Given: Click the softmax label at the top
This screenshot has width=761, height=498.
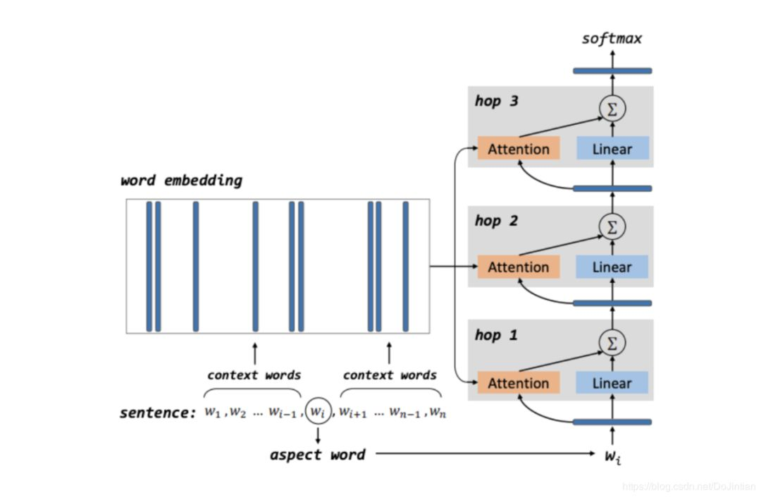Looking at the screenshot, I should tap(612, 39).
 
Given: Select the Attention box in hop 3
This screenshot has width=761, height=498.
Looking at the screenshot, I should tap(519, 149).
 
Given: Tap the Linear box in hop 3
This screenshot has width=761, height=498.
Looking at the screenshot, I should tap(612, 149).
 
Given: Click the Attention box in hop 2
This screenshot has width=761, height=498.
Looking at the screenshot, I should tap(519, 267).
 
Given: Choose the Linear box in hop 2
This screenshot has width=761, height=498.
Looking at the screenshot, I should tap(612, 267).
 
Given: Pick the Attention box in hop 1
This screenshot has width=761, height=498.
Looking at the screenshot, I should tap(519, 383).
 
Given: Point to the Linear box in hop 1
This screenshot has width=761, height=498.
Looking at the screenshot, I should tap(612, 383).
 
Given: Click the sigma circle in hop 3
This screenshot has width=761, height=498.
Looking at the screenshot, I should tap(612, 109).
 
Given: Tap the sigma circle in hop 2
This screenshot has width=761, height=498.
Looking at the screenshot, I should tap(612, 226).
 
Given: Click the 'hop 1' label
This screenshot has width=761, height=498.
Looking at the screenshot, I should tap(496, 335).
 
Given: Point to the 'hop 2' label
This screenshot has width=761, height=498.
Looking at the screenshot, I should tap(496, 221).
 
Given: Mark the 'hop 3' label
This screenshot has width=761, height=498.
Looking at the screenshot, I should tap(496, 101).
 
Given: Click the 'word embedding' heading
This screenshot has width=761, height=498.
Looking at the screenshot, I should tap(181, 181).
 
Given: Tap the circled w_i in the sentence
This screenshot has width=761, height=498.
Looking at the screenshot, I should tap(318, 411).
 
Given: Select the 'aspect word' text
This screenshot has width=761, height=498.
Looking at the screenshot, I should tap(317, 455).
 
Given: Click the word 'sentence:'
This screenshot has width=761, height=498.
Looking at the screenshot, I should tap(157, 413).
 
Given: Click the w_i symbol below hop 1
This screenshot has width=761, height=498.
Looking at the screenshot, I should tap(612, 456).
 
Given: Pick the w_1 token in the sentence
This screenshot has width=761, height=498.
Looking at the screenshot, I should tap(213, 412).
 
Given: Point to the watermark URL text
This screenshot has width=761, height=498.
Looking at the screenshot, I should tap(687, 487).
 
